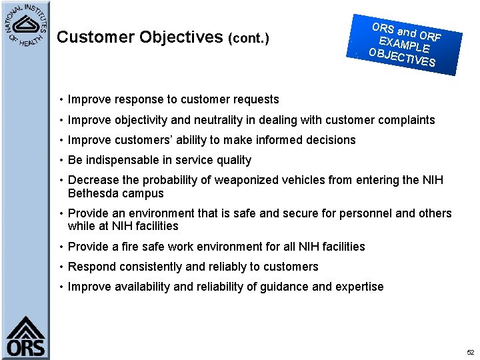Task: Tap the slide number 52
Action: tap(470, 352)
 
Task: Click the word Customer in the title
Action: tap(95, 37)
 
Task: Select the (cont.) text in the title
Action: tap(249, 39)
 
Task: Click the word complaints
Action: tap(407, 120)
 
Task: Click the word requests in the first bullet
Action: tap(257, 99)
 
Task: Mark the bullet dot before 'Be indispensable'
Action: tap(61, 160)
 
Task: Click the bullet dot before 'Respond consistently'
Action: tap(61, 267)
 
